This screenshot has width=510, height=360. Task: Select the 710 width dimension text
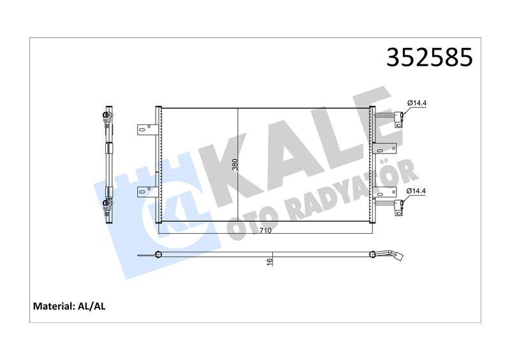[266, 230]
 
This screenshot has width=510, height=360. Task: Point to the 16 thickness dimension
[270, 260]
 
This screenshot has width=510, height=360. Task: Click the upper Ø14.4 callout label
[417, 103]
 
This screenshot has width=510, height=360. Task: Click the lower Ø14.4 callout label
[417, 189]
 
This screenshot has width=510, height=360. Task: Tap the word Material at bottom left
[52, 306]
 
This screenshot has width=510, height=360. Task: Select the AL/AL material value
[92, 306]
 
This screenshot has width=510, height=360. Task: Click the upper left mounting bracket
[146, 129]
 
